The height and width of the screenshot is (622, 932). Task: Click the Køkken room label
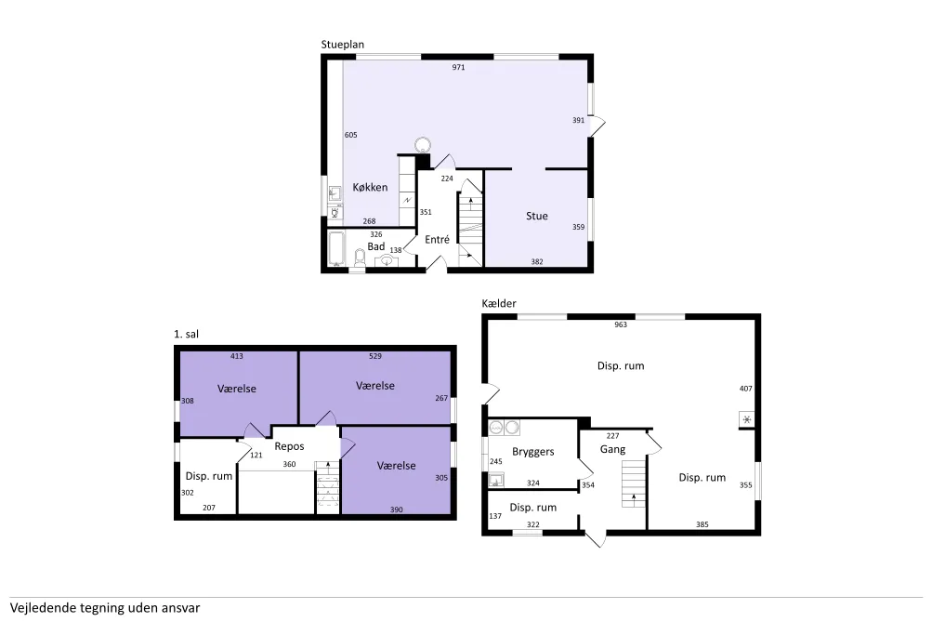[370, 187]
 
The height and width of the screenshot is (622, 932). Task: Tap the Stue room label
[537, 216]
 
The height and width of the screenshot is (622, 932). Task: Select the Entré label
[437, 239]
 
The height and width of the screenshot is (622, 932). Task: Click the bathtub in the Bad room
[335, 247]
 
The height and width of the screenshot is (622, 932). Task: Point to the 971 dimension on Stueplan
[458, 67]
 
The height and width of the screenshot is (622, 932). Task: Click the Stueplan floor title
[342, 45]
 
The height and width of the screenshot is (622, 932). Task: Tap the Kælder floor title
[499, 303]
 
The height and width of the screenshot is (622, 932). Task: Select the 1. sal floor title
[186, 334]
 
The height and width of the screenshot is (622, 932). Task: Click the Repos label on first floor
[289, 446]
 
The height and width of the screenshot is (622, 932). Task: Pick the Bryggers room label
[532, 452]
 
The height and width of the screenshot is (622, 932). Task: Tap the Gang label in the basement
[612, 450]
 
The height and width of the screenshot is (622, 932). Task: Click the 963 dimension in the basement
[621, 324]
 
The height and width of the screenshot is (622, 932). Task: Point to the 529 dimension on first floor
[375, 356]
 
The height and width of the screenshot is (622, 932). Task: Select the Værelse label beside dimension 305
[396, 466]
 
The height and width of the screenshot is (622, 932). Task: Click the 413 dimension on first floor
[237, 356]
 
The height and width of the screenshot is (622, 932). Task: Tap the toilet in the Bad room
[360, 258]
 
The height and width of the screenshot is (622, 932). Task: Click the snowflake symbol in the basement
[746, 419]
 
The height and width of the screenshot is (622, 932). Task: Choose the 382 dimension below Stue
[537, 261]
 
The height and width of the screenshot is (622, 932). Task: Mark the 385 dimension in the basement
[702, 524]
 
